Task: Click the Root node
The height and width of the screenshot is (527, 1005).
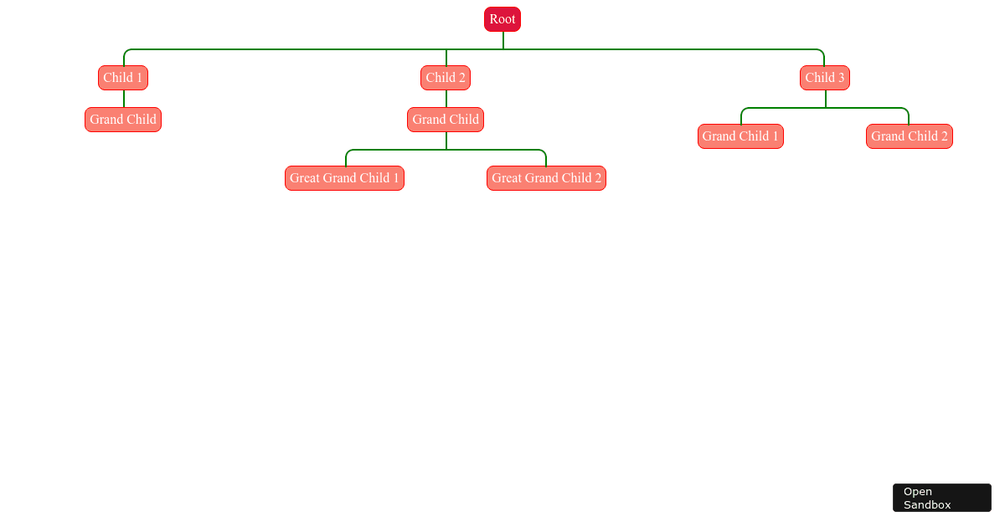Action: [502, 19]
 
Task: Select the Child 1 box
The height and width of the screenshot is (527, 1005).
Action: [123, 78]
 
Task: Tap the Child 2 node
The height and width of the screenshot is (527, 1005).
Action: [446, 78]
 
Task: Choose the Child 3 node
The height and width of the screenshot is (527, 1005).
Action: [825, 78]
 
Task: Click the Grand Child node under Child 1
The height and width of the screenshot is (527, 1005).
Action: [123, 120]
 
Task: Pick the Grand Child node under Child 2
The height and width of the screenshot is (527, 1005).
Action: [446, 120]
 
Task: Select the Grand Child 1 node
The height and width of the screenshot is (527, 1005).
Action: [740, 136]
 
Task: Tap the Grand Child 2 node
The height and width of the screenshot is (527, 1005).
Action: [909, 136]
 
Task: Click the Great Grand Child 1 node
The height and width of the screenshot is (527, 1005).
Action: [344, 178]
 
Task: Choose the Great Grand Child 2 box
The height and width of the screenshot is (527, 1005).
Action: [546, 178]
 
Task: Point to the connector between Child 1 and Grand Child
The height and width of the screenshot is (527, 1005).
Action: [124, 99]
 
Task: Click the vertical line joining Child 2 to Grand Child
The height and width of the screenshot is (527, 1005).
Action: [446, 99]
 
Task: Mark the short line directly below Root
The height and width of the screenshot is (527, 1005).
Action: [503, 40]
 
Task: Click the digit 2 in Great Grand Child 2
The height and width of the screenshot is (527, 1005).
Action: [598, 178]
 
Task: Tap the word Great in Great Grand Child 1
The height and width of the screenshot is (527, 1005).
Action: [306, 178]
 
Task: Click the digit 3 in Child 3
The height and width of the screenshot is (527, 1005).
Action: [841, 78]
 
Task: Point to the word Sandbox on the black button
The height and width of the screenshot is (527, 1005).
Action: [927, 504]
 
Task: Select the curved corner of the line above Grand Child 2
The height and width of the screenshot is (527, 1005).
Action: [905, 110]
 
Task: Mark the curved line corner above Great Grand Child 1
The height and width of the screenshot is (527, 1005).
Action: [348, 151]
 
